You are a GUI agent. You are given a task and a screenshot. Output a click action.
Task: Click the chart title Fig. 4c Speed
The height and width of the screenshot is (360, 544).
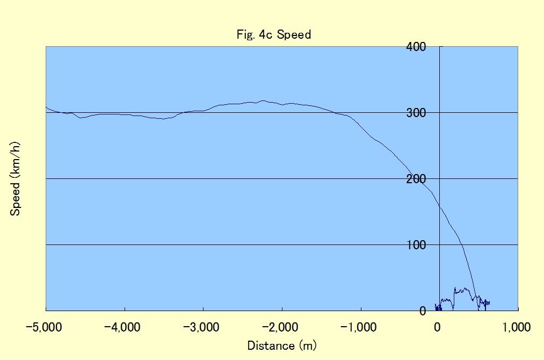[274, 35]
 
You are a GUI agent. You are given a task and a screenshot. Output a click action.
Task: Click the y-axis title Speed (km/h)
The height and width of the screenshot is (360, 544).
[15, 179]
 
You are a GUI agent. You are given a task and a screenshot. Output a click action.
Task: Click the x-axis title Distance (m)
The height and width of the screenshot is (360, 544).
[282, 345]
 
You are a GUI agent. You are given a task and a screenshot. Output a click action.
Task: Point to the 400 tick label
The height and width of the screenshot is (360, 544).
[416, 47]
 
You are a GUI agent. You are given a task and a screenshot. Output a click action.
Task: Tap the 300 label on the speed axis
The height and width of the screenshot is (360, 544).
[416, 112]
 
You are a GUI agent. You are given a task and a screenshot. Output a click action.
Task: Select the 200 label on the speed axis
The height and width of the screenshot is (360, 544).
[416, 179]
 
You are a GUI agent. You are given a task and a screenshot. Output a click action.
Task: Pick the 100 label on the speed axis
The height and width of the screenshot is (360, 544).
[416, 244]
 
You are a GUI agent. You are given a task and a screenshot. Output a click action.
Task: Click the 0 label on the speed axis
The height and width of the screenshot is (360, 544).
[422, 311]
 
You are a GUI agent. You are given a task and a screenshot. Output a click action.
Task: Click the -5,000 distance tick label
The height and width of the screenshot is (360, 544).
[43, 327]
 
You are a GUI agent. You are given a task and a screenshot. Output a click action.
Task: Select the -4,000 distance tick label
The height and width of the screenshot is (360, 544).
[122, 327]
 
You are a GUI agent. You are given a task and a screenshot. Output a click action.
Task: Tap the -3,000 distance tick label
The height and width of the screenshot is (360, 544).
[201, 327]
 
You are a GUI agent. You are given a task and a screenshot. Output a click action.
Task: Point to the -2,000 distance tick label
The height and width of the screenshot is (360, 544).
[280, 327]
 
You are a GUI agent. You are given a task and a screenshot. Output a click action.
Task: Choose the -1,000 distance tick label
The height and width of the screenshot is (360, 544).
[359, 327]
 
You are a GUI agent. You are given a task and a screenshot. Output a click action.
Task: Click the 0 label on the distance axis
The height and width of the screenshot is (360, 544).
[438, 327]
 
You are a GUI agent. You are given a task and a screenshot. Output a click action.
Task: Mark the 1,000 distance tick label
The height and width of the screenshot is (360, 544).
[517, 327]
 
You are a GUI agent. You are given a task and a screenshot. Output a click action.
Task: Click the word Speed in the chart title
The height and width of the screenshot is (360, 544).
[294, 35]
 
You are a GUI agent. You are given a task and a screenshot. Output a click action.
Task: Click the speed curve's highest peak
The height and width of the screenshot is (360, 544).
[263, 100]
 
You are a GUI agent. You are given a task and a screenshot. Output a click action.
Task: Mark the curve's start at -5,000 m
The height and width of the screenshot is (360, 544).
[46, 107]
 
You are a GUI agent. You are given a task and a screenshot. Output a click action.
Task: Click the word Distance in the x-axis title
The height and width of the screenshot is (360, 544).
[271, 345]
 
